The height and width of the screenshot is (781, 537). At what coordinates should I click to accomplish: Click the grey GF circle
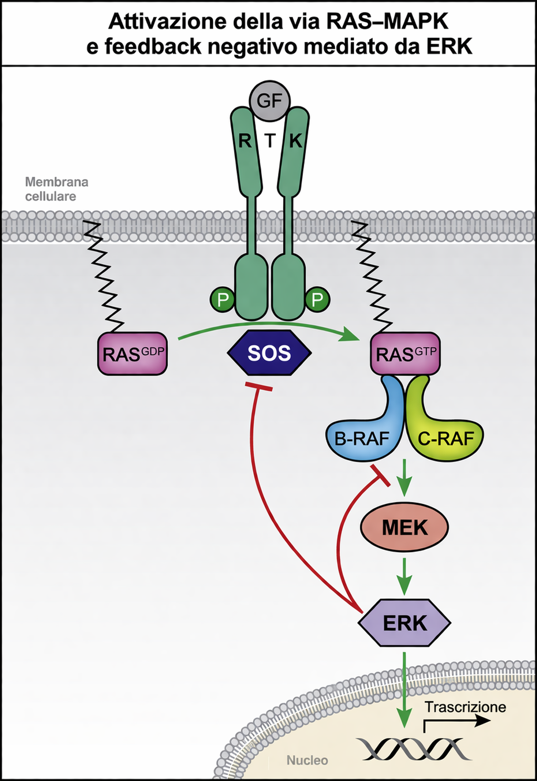[x=270, y=100]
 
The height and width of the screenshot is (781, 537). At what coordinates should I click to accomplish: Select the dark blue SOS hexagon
[x=269, y=353]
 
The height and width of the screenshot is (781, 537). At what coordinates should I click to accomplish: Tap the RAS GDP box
[x=133, y=354]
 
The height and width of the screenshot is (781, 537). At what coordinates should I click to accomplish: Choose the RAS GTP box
[x=405, y=354]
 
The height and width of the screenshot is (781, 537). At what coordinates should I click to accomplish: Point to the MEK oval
[x=404, y=527]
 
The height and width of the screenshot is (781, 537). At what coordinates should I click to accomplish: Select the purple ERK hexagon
[x=404, y=623]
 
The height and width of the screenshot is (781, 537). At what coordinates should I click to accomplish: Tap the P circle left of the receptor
[x=223, y=300]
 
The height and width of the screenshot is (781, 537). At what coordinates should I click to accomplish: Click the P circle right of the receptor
[x=317, y=300]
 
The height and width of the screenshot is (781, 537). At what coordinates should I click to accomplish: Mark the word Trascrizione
[x=465, y=707]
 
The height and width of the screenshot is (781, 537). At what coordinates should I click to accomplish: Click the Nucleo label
[x=307, y=760]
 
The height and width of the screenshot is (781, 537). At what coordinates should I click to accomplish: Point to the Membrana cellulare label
[x=57, y=189]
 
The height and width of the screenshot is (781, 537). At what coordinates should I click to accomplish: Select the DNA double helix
[x=414, y=749]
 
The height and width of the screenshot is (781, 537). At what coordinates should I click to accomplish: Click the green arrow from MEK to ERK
[x=404, y=575]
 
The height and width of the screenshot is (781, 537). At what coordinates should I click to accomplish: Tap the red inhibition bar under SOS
[x=259, y=387]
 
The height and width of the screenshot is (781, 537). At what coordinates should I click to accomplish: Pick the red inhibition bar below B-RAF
[x=380, y=475]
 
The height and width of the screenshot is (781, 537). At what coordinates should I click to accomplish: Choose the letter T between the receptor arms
[x=270, y=141]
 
